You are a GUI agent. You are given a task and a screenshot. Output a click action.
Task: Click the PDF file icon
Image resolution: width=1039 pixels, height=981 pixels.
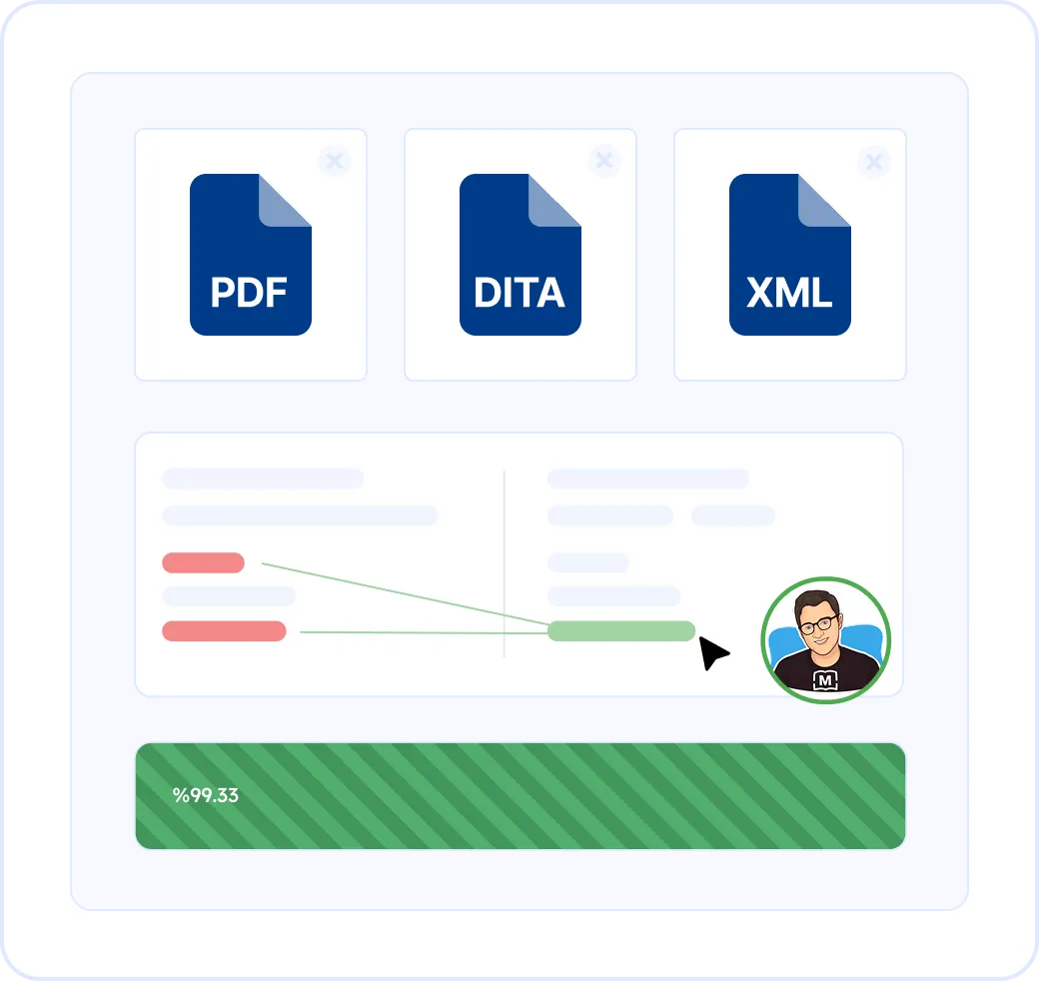click(250, 255)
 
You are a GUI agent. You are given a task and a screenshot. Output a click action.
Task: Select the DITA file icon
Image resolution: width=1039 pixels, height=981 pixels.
click(519, 255)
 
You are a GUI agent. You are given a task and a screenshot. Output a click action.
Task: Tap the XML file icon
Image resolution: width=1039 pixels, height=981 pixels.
click(789, 255)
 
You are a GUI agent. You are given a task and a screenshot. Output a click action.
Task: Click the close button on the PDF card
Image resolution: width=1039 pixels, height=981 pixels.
click(335, 161)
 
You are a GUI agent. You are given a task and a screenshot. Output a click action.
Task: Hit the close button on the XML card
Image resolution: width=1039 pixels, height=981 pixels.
click(874, 161)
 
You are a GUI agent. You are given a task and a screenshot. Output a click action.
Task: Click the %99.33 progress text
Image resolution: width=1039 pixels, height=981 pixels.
click(205, 796)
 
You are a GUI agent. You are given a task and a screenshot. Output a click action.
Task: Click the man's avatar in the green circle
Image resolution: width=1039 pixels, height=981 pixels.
click(825, 640)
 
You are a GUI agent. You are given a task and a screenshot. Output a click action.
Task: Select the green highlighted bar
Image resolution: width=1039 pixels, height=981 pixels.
click(620, 631)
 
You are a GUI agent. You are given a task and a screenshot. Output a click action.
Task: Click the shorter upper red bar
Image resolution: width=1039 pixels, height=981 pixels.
click(203, 562)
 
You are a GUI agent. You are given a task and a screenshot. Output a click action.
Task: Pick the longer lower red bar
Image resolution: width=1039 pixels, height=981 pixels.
click(224, 631)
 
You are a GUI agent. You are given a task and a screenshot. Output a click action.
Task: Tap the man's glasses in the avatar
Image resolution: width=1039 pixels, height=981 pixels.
click(818, 623)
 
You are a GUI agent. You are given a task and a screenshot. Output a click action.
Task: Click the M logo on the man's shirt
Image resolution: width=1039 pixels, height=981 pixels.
click(825, 681)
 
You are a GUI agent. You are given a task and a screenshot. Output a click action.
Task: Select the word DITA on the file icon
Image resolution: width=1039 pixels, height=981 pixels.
click(519, 293)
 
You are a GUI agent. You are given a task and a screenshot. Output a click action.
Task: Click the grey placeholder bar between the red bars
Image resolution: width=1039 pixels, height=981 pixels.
click(229, 596)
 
